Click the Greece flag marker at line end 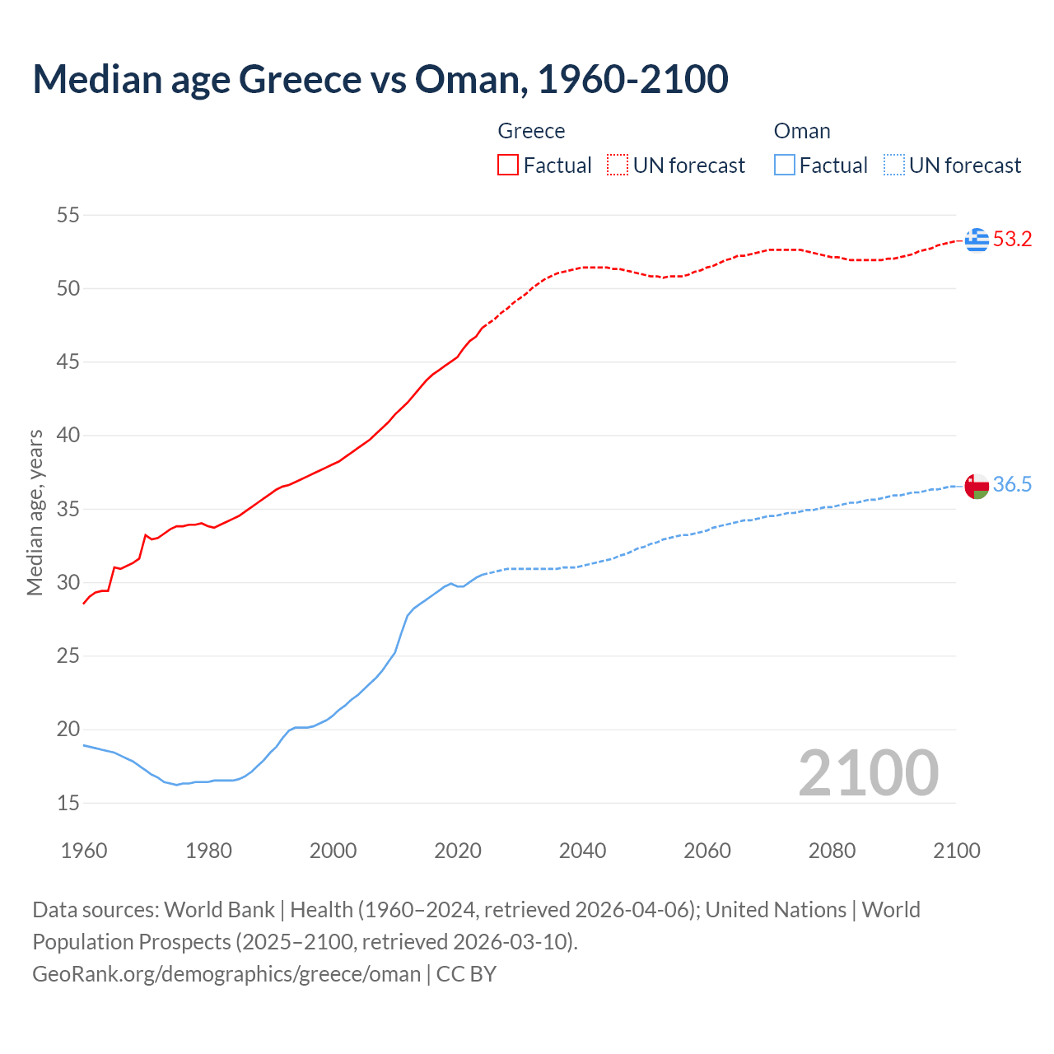[977, 240]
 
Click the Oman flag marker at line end [977, 486]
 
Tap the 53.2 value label [1012, 240]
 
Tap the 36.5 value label [1012, 485]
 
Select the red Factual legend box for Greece [508, 166]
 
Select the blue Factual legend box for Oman [785, 166]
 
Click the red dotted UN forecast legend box [618, 166]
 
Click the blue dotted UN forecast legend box [893, 166]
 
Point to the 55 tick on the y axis [68, 216]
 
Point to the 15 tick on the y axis [68, 803]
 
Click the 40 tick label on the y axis [68, 436]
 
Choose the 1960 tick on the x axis [84, 851]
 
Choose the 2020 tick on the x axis [458, 851]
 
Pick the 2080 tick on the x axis [832, 851]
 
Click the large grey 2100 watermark [868, 772]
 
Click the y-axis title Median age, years [35, 512]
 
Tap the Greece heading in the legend [531, 132]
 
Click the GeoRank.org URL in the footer [226, 974]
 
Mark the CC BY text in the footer [466, 974]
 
